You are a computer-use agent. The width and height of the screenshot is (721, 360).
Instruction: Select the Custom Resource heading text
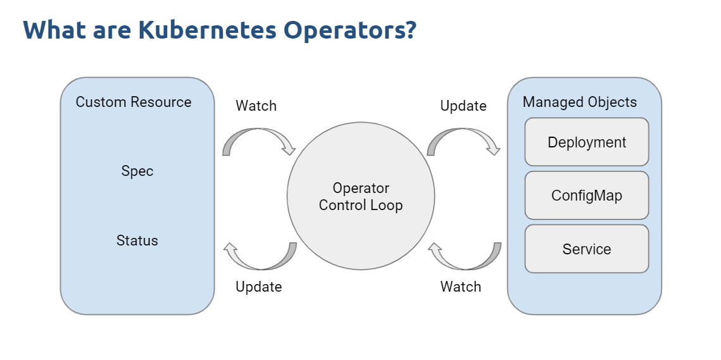click(134, 102)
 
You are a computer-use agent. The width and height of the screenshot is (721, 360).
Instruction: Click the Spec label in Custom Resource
click(137, 171)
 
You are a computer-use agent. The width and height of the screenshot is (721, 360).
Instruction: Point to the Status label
click(137, 240)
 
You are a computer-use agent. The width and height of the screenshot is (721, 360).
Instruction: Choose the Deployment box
click(587, 142)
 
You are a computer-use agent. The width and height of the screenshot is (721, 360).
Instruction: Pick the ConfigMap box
click(587, 196)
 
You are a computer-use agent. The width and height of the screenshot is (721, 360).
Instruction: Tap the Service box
click(587, 249)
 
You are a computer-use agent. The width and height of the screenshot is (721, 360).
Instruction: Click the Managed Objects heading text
click(580, 102)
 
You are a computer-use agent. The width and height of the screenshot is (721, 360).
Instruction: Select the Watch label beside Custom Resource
click(256, 106)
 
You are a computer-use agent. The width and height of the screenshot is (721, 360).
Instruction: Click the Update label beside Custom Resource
click(259, 287)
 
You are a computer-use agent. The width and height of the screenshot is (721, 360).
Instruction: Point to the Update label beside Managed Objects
click(463, 106)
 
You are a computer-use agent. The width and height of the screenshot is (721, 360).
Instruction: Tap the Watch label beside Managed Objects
click(461, 287)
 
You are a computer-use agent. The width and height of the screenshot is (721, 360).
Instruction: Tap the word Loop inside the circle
click(387, 205)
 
